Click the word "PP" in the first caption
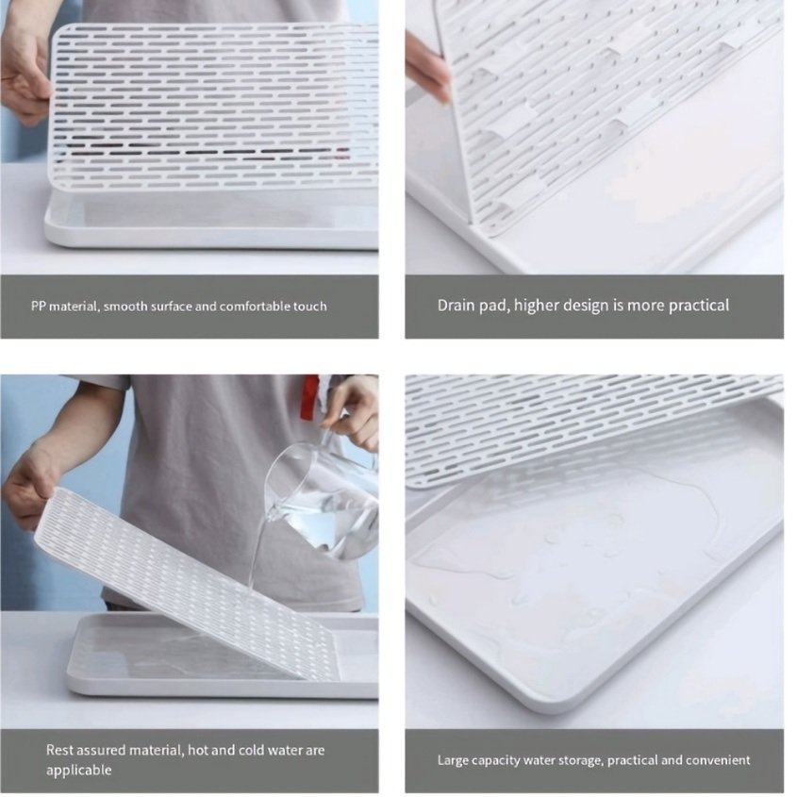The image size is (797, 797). tap(38, 307)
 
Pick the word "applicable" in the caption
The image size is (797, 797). tap(79, 770)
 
